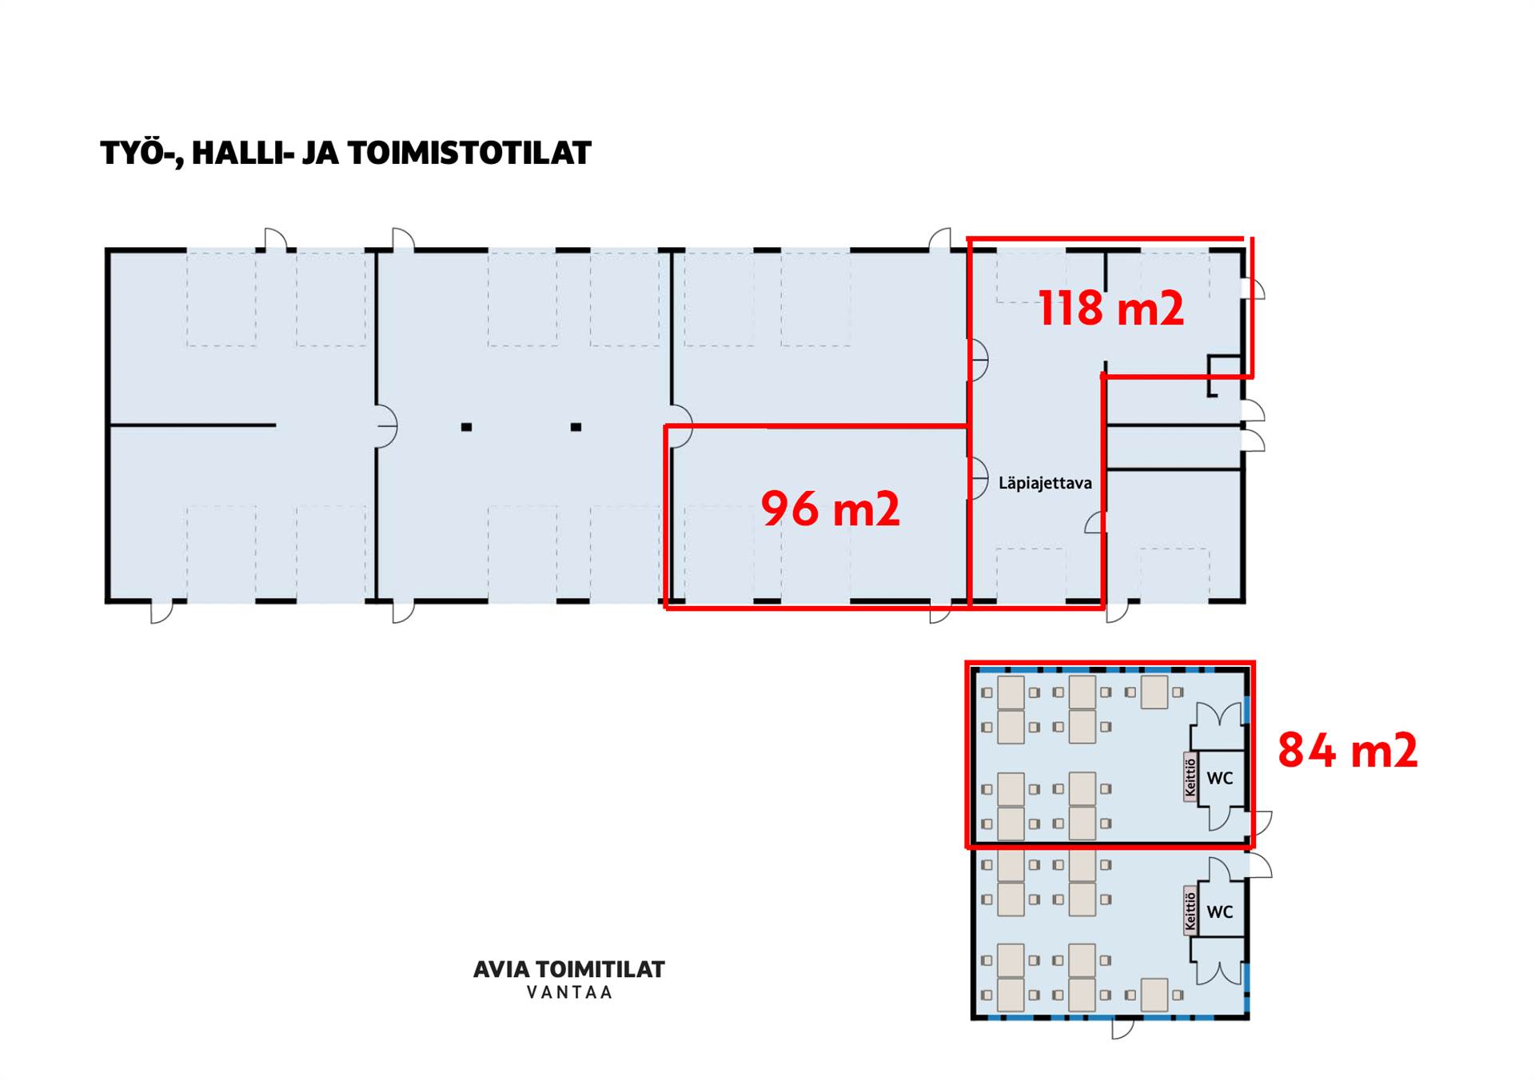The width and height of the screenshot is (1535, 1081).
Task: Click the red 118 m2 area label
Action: tap(1110, 308)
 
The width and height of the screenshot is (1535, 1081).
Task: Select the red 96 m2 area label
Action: tap(830, 509)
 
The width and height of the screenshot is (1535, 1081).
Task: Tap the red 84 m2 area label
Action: tap(1348, 750)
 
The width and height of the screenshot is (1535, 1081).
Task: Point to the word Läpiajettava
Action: tap(1045, 483)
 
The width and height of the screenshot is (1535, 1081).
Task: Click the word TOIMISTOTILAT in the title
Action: tap(469, 153)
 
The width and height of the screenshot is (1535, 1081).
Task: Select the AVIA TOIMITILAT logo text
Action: tap(569, 969)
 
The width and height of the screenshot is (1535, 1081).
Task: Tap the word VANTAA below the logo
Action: tap(569, 992)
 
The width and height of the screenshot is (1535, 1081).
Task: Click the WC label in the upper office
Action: tap(1220, 778)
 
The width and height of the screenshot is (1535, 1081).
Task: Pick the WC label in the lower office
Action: tap(1220, 911)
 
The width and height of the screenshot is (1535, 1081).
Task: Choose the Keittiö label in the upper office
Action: tap(1190, 776)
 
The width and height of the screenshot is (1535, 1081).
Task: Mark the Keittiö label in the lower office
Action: tap(1190, 910)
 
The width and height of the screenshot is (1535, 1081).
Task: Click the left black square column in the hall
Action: tap(466, 427)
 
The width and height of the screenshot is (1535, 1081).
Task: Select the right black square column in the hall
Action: tap(576, 427)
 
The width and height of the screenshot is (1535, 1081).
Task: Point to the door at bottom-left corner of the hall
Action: tap(161, 612)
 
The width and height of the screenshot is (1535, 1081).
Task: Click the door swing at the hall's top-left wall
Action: tap(276, 239)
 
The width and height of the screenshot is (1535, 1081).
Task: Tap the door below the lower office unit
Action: tap(1122, 1029)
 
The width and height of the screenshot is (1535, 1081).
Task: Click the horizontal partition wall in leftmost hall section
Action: tap(193, 425)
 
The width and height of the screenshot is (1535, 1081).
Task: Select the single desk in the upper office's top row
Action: tap(1154, 692)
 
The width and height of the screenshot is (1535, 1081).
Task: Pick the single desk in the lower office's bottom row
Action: tap(1154, 995)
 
